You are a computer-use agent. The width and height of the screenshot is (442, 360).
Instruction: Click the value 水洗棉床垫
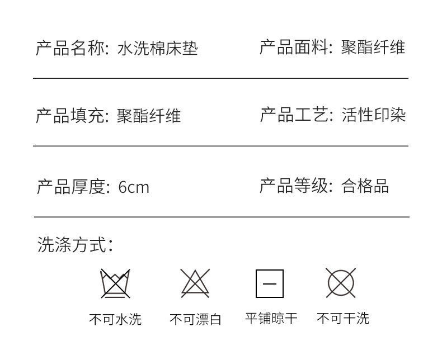pyautogui.click(x=157, y=49)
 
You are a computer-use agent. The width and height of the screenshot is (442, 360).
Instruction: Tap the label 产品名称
pyautogui.click(x=71, y=49)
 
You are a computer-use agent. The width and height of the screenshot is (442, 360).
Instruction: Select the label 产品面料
pyautogui.click(x=295, y=48)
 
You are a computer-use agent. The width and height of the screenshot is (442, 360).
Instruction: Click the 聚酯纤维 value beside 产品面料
pyautogui.click(x=373, y=48)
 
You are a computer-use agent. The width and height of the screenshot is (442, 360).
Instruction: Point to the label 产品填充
pyautogui.click(x=71, y=116)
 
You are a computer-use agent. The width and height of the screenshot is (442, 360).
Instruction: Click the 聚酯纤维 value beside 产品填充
pyautogui.click(x=149, y=116)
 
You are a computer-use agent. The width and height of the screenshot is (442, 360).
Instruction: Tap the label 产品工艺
pyautogui.click(x=295, y=115)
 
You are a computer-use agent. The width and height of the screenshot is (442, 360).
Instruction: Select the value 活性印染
pyautogui.click(x=373, y=115)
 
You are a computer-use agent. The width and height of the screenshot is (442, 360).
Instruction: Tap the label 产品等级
pyautogui.click(x=295, y=186)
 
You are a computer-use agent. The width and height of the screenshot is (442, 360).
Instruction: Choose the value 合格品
pyautogui.click(x=365, y=186)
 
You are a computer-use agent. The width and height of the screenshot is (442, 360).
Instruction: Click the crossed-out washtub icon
pyautogui.click(x=115, y=283)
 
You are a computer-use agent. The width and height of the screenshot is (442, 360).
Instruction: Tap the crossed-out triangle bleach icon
pyautogui.click(x=195, y=283)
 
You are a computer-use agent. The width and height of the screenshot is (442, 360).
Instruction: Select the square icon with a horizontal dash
pyautogui.click(x=270, y=283)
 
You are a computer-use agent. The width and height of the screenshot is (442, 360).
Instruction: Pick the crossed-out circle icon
pyautogui.click(x=341, y=283)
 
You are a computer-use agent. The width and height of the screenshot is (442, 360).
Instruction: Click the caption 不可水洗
pyautogui.click(x=115, y=319)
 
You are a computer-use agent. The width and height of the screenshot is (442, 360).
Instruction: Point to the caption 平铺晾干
pyautogui.click(x=271, y=319)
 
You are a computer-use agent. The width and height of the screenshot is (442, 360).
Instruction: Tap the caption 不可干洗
pyautogui.click(x=343, y=319)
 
